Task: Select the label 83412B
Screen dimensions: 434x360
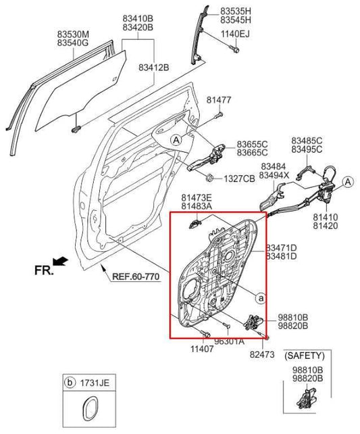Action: tap(153, 67)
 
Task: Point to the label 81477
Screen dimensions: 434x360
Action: tap(219, 100)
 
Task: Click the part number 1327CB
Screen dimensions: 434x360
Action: tap(239, 178)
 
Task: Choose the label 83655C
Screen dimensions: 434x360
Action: tap(252, 145)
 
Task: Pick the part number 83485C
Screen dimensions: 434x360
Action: tap(307, 141)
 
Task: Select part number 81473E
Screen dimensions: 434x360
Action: tap(196, 197)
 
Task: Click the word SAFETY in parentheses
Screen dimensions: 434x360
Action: tap(304, 355)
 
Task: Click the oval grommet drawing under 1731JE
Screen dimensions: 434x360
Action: tap(88, 413)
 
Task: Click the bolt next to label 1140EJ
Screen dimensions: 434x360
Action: tap(234, 49)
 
